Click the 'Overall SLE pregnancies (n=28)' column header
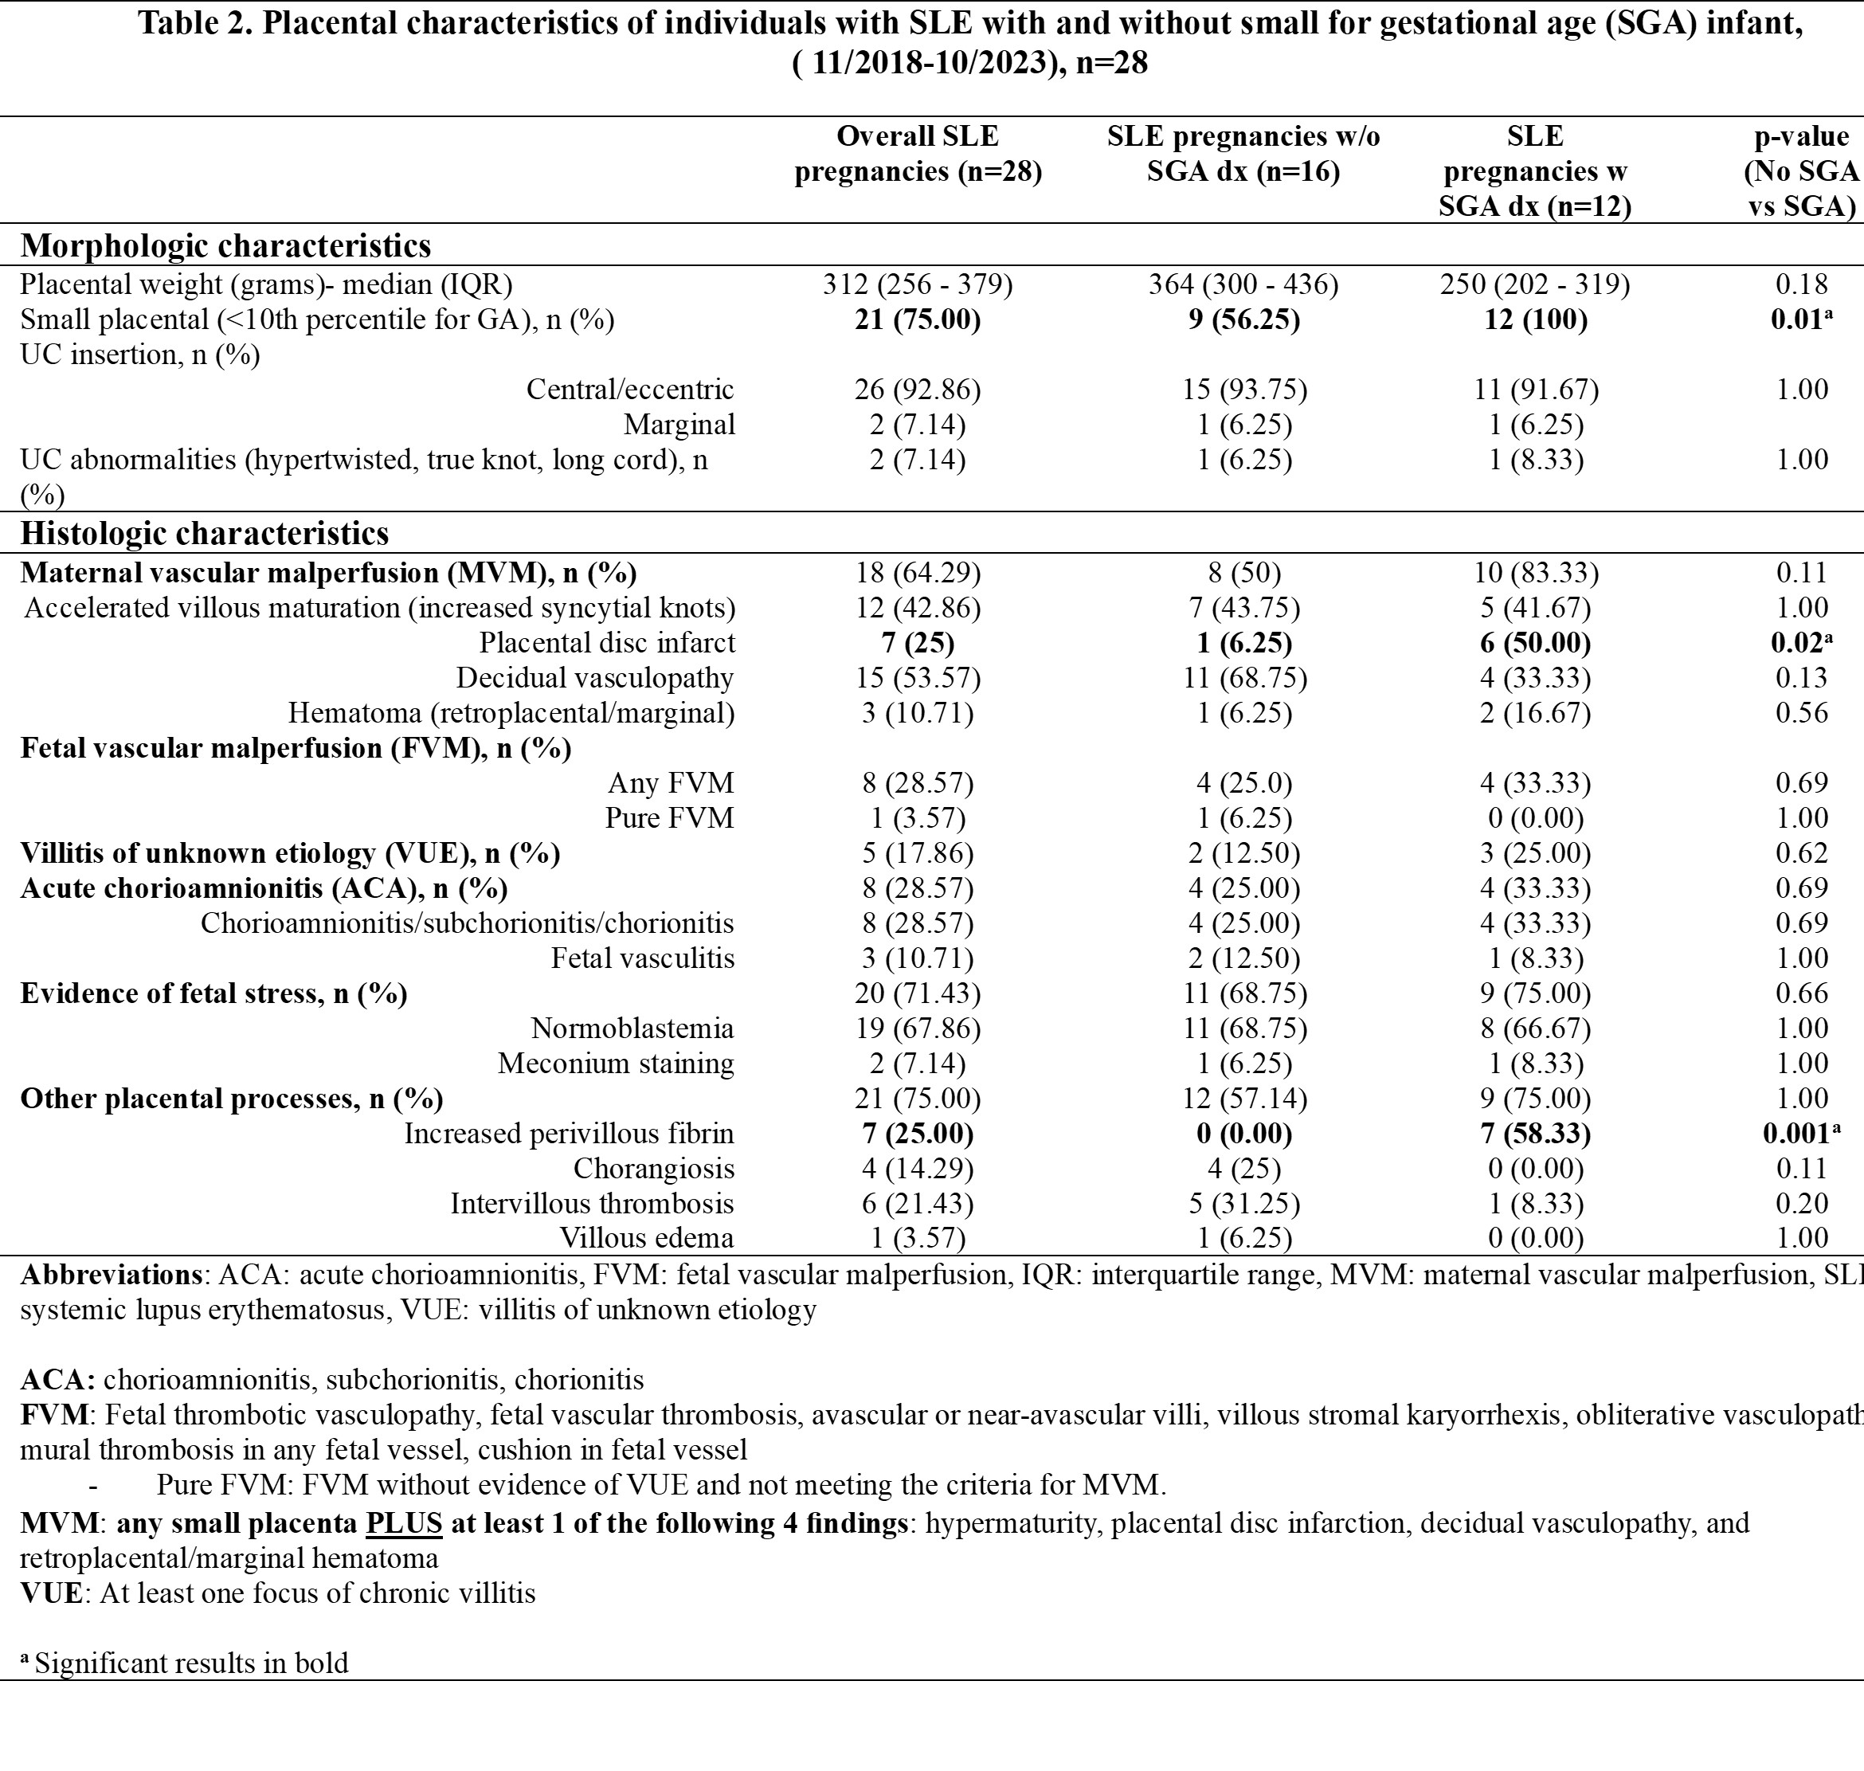[x=918, y=154]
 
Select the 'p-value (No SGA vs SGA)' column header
[x=1801, y=170]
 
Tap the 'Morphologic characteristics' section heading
[x=225, y=245]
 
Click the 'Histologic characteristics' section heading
[x=205, y=534]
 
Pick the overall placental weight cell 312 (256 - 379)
[x=918, y=284]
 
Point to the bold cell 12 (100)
[x=1535, y=320]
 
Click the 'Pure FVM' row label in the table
[x=669, y=817]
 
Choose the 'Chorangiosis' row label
[x=653, y=1168]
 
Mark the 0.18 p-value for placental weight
[x=1801, y=284]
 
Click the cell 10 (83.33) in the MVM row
[x=1535, y=573]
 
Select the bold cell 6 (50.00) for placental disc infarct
[x=1535, y=643]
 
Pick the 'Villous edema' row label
[x=647, y=1237]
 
